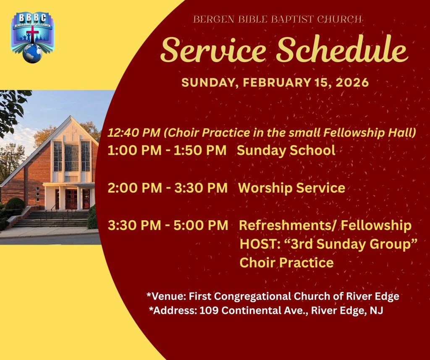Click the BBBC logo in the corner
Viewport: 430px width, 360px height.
(32, 37)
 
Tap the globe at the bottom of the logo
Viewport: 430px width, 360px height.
(32, 54)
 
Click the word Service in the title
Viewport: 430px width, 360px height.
(213, 50)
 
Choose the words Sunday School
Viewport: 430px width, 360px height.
(286, 150)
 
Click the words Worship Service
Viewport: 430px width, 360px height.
(291, 188)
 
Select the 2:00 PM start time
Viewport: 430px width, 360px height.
(135, 188)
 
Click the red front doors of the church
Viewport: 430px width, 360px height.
(71, 199)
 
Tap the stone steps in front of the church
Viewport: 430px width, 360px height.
(52, 219)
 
